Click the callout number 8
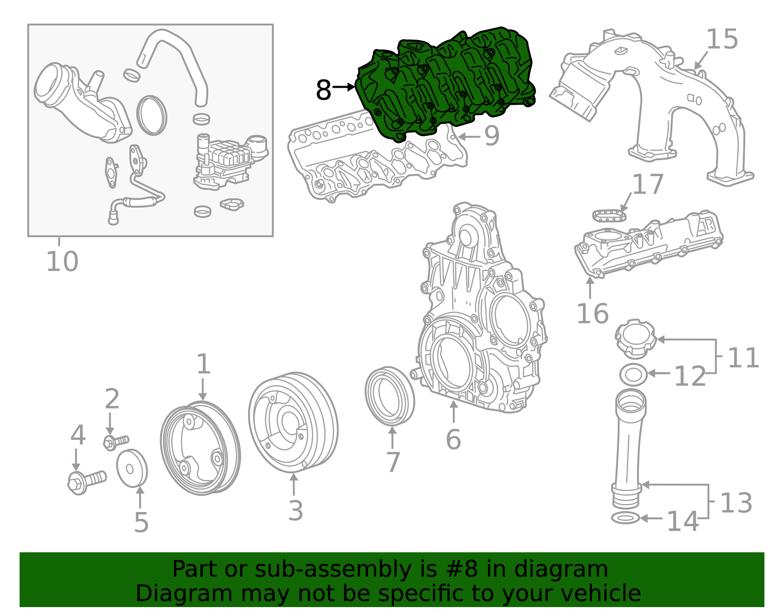323,90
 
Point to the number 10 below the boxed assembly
62,261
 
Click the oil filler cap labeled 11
636,339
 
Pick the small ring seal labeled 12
634,375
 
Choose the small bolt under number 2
116,442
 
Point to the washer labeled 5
132,468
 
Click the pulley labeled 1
200,448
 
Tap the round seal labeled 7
390,396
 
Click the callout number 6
454,440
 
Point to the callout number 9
492,136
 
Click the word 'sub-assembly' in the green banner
333,569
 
